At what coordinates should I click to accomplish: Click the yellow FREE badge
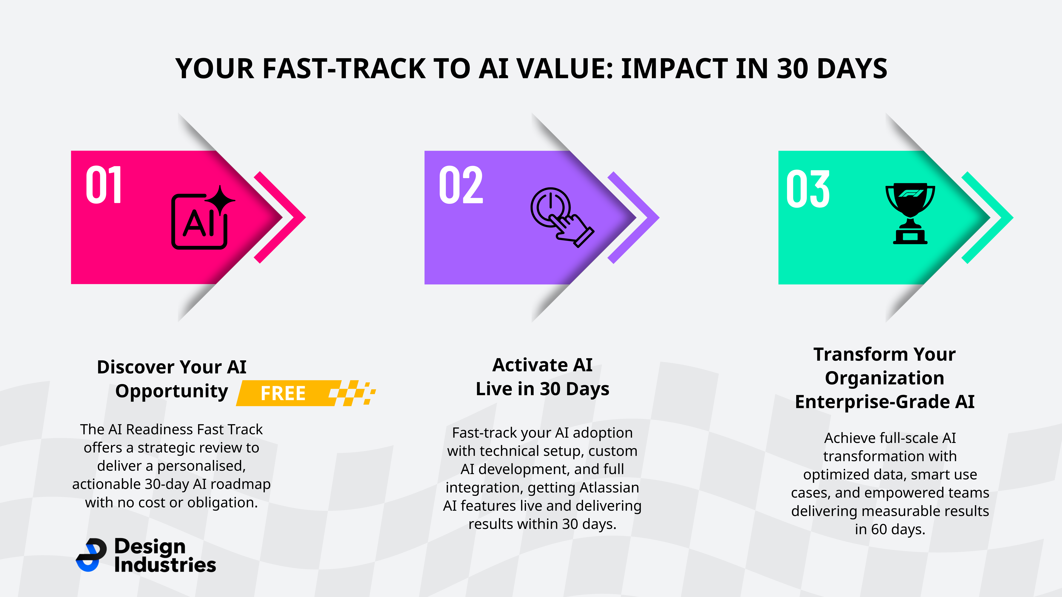coord(306,393)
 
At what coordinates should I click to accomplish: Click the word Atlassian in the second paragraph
coord(609,487)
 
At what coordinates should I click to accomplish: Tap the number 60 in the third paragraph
coord(879,529)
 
